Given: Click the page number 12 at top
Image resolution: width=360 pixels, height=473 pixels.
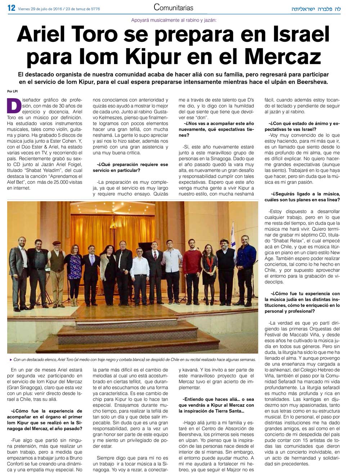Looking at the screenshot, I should [x=11, y=8].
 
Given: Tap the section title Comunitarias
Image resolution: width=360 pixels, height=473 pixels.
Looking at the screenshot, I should [x=173, y=8].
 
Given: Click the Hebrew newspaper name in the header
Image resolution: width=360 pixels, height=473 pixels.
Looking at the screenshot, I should [x=316, y=9].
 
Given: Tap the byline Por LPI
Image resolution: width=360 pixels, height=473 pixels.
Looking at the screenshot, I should [x=12, y=91].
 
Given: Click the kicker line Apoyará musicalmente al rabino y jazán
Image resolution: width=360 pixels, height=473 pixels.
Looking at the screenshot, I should [x=174, y=21].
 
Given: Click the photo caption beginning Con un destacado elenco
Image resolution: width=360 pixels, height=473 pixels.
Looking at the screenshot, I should [x=133, y=359].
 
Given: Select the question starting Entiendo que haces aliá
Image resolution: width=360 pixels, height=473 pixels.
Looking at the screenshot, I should [x=216, y=405].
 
